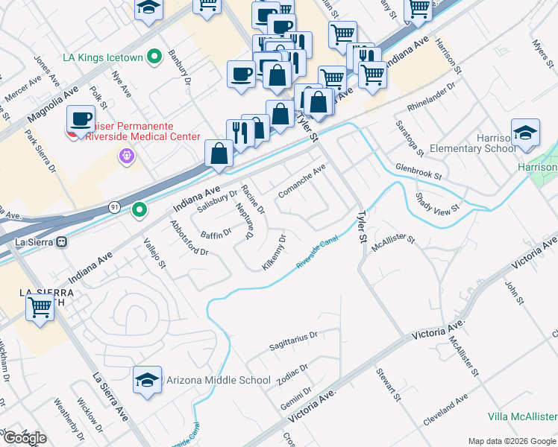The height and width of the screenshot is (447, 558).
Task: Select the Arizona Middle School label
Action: [219, 380]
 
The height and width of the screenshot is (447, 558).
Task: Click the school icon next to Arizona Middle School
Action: [148, 381]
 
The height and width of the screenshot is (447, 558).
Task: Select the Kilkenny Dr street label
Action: [275, 253]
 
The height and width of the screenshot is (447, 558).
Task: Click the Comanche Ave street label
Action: [301, 182]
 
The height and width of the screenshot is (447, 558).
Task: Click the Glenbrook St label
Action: [419, 172]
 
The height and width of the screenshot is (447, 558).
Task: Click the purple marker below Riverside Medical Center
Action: [125, 156]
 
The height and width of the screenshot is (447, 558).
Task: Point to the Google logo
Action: [24, 438]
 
